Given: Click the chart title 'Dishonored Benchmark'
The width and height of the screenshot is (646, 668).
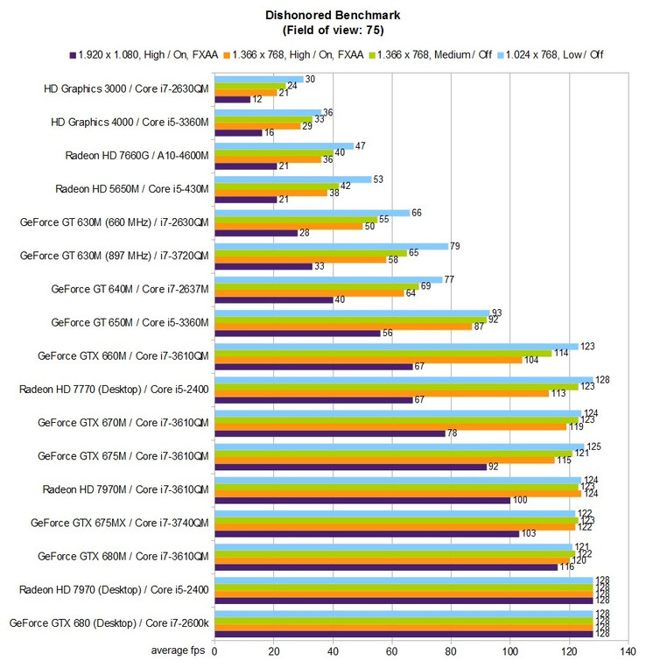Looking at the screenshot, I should [x=323, y=16].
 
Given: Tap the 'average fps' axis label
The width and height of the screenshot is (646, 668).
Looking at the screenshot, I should [x=180, y=651].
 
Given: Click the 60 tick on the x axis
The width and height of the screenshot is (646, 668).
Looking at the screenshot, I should [x=391, y=651].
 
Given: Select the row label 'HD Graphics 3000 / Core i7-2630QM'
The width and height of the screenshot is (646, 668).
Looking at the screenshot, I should [x=128, y=89].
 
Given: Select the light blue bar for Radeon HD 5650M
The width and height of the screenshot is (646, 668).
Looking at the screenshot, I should [x=292, y=179].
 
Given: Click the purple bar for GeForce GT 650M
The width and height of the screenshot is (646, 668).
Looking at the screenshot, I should [x=297, y=333].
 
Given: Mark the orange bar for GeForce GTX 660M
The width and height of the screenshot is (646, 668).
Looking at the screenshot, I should [x=368, y=360].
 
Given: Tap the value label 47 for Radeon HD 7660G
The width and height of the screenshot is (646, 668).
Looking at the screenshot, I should [x=361, y=146].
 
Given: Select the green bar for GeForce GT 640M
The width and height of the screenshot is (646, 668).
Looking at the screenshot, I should [x=316, y=286].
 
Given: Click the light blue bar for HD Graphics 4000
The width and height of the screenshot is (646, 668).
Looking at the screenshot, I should [x=267, y=113].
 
